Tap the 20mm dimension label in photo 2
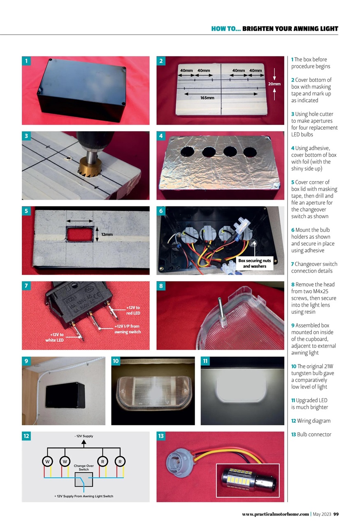[x=274, y=84]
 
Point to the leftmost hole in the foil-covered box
[x=187, y=151]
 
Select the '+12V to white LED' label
[x=54, y=337]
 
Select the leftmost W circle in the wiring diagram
[x=48, y=462]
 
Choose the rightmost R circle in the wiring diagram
[x=120, y=462]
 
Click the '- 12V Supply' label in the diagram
[x=84, y=436]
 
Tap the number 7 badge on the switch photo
[x=26, y=286]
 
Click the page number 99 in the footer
[x=335, y=514]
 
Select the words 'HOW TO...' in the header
[x=225, y=29]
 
